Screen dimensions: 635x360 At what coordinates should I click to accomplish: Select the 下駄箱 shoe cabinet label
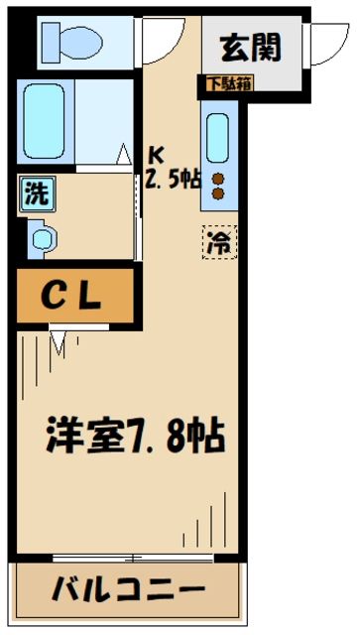point(229,83)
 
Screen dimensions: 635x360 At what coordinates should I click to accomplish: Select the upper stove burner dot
point(218,180)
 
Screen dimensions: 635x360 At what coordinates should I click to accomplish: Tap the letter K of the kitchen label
point(156,154)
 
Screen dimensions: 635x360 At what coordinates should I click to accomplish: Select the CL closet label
point(74,296)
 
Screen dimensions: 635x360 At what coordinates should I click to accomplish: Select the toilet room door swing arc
point(157,38)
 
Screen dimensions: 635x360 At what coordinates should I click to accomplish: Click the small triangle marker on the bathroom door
point(125,154)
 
